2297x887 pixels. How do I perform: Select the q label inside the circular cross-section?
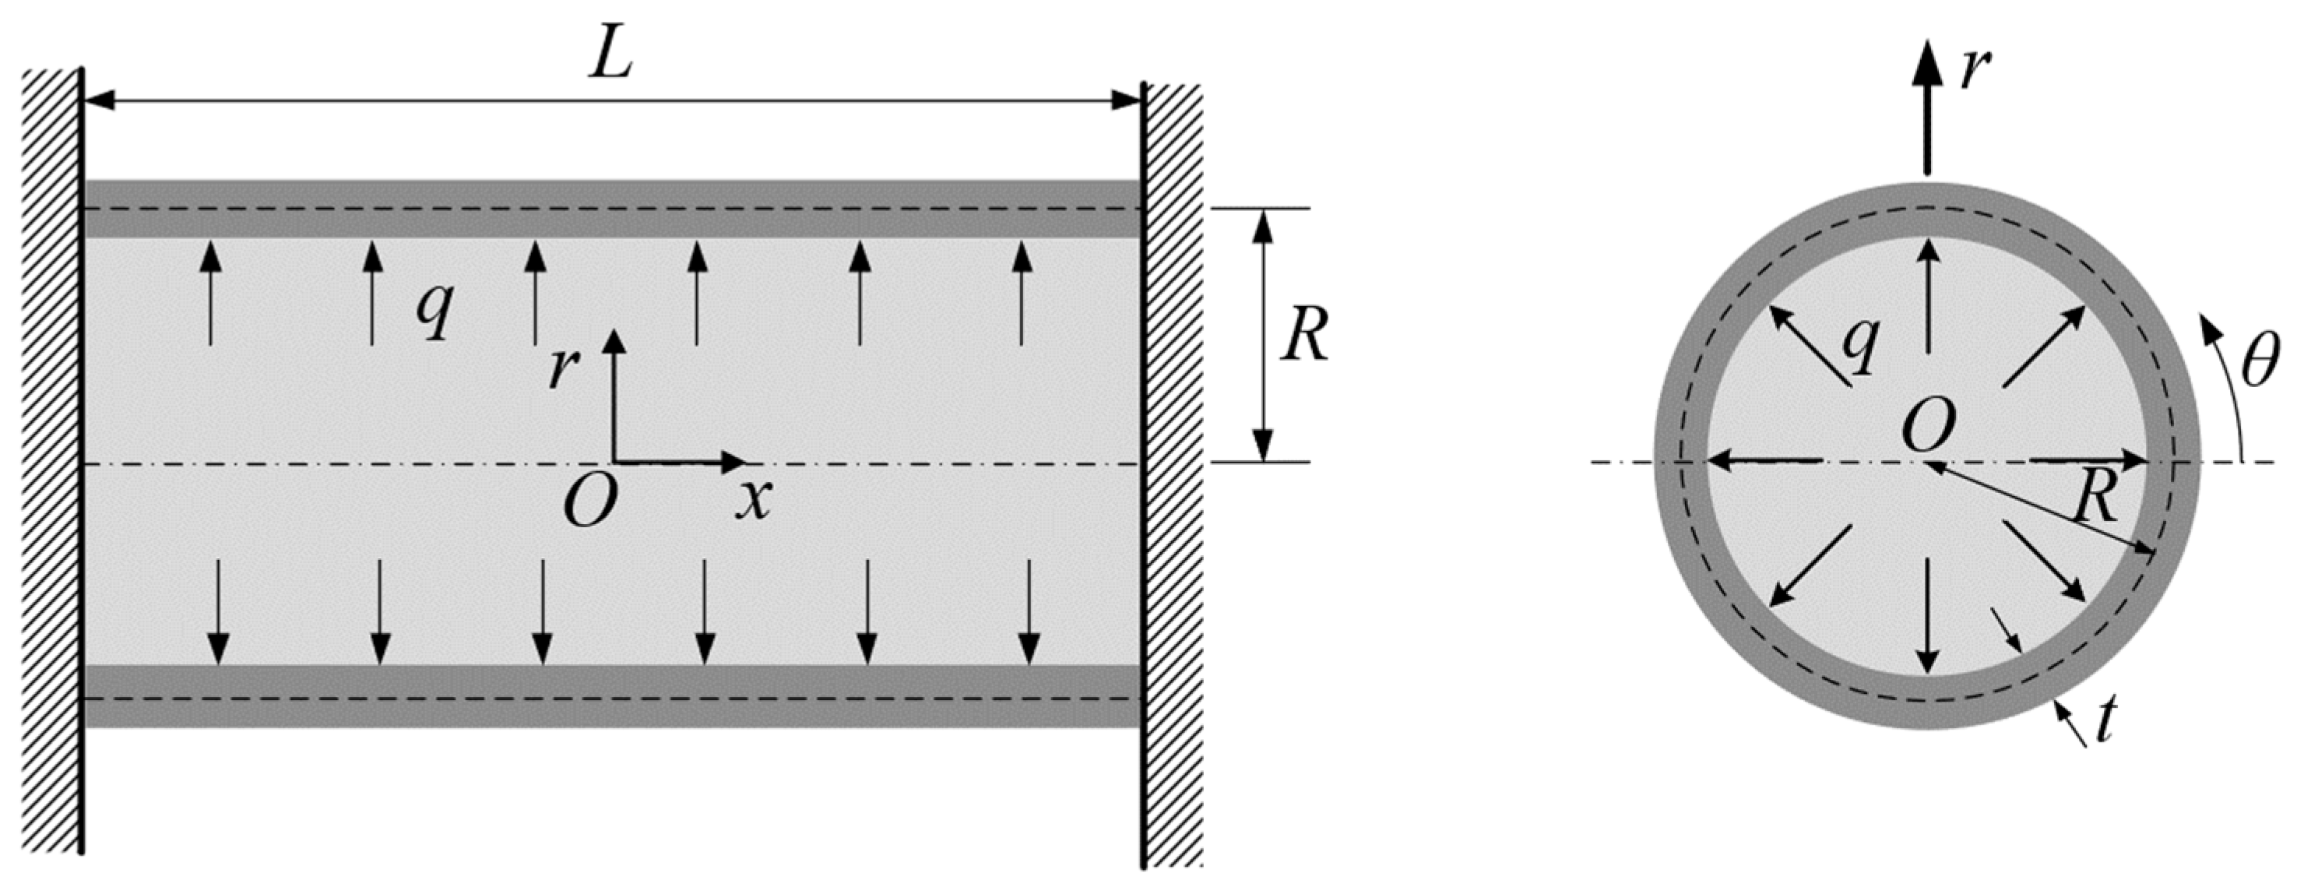pyautogui.click(x=1862, y=345)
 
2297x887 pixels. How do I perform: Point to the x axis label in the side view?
pyautogui.click(x=754, y=502)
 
